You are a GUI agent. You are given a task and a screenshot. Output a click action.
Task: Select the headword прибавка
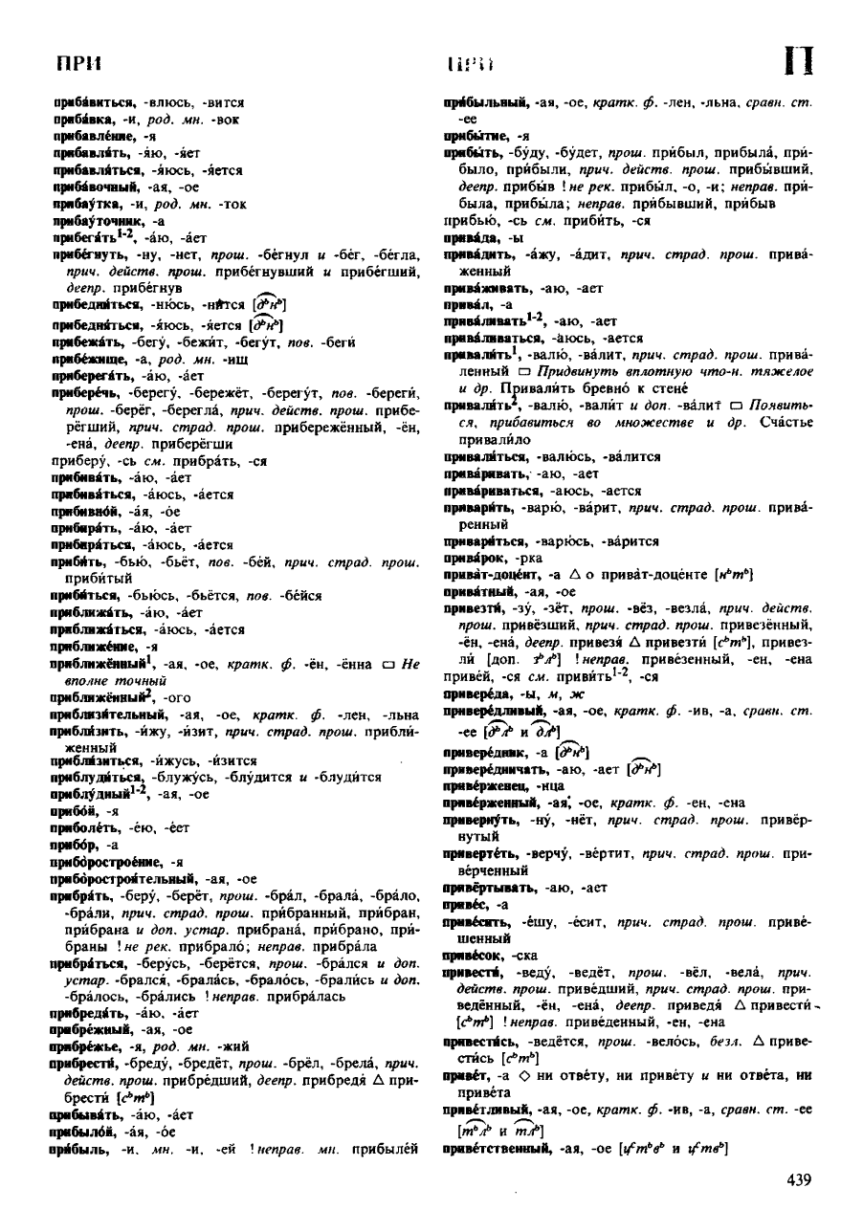tap(80, 119)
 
